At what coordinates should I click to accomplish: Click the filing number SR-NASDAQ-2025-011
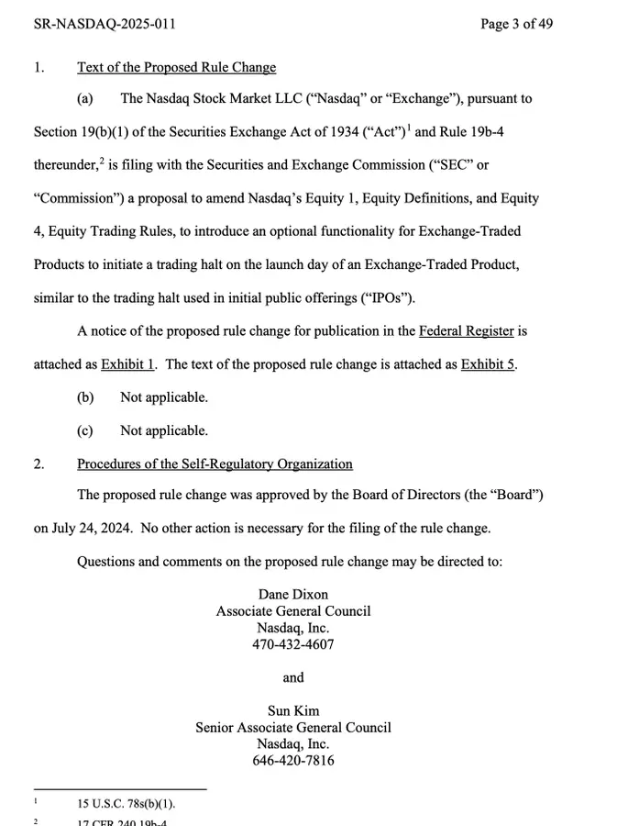click(105, 23)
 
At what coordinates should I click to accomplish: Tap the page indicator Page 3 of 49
click(516, 23)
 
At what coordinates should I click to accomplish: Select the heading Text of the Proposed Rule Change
click(176, 67)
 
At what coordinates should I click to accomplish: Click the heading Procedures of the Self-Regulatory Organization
click(215, 464)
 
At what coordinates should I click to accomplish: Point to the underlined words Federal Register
click(468, 330)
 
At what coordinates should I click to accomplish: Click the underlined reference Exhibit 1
click(127, 363)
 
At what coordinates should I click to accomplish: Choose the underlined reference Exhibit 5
click(489, 363)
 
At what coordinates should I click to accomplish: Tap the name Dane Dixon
click(293, 595)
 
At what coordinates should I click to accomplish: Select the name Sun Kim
click(293, 710)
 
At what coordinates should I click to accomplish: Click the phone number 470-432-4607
click(293, 644)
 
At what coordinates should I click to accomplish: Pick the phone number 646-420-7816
click(293, 760)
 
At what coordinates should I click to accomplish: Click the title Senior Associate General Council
click(293, 727)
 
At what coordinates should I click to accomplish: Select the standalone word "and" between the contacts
click(293, 677)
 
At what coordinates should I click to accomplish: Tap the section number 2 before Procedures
click(39, 464)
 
